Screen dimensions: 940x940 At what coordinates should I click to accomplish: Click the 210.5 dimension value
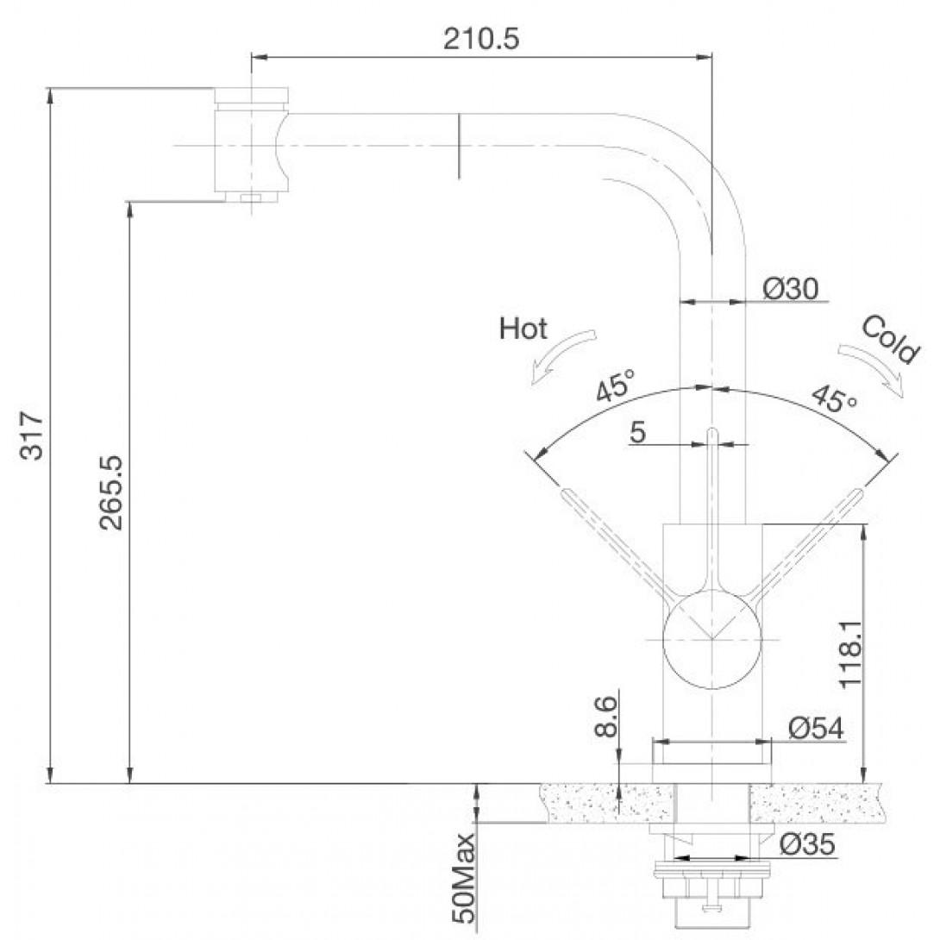(x=481, y=39)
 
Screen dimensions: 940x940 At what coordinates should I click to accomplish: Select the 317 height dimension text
(x=32, y=436)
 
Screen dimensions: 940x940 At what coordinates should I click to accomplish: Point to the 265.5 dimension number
(x=111, y=492)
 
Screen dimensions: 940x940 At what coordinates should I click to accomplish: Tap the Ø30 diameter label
(x=790, y=289)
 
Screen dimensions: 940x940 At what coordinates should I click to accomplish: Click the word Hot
(x=523, y=329)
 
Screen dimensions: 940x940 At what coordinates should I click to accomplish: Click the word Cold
(x=890, y=340)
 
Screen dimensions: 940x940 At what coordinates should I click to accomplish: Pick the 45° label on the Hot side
(x=616, y=385)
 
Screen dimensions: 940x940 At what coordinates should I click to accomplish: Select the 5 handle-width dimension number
(x=638, y=432)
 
